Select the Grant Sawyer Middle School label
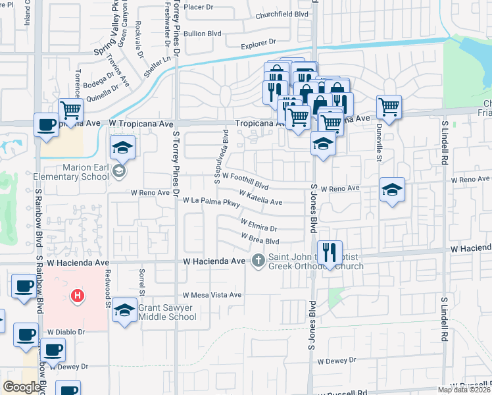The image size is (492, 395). pyautogui.click(x=167, y=311)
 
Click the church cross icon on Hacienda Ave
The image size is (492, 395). pyautogui.click(x=258, y=261)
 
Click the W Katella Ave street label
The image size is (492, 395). pyautogui.click(x=260, y=197)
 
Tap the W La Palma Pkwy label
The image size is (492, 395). pyautogui.click(x=211, y=201)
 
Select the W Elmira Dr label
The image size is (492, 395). pyautogui.click(x=258, y=226)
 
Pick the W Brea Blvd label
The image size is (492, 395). pyautogui.click(x=260, y=239)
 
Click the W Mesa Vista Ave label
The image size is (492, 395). pyautogui.click(x=212, y=295)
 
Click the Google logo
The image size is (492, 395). pyautogui.click(x=22, y=387)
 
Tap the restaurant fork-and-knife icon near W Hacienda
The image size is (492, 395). pyautogui.click(x=330, y=251)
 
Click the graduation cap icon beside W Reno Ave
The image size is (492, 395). pyautogui.click(x=392, y=190)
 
